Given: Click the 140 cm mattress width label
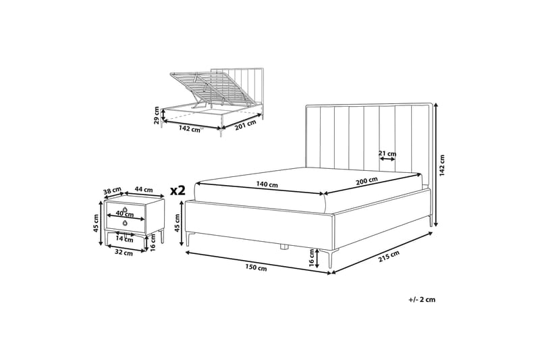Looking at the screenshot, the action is coord(267,184).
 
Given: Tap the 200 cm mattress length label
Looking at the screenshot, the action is coord(367,180).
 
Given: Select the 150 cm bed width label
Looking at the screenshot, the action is coord(256,267).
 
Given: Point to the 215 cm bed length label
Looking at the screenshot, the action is coord(389,256).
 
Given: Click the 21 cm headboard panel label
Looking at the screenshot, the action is coord(387,153).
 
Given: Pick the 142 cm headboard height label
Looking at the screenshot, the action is coord(442,165).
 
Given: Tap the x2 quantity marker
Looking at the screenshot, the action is coord(178,190).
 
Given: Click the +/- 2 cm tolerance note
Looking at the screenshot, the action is coord(422,299).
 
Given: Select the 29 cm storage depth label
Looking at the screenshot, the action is coord(157,115).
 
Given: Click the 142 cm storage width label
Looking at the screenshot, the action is coord(190,130).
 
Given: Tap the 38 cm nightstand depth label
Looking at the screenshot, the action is coord(112,190).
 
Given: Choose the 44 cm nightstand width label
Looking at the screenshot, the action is coord(144,189).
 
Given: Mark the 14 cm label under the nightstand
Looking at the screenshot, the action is coord(124,239).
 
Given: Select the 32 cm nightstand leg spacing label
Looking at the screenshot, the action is coord(124,253).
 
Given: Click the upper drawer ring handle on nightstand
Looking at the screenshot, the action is coord(126,209).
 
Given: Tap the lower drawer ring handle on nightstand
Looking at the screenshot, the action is coord(124,223).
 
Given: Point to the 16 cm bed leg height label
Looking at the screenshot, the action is coord(312,259).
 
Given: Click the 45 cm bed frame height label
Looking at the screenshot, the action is coord(178,223).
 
